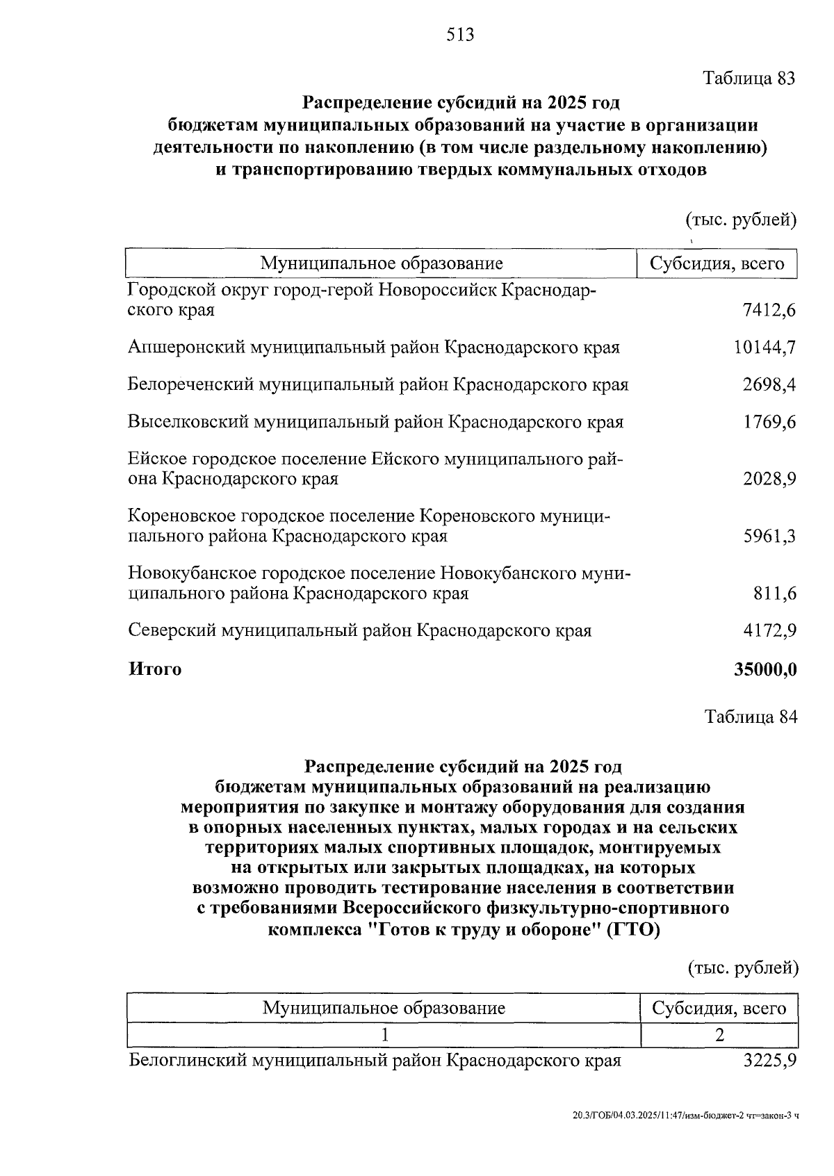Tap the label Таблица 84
751,717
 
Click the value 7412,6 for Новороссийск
769,310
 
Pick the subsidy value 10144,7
764,347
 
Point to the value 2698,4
769,384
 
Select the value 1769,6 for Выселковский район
769,422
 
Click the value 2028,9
769,479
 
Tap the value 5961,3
769,536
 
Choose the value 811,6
774,594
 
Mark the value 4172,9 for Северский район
769,631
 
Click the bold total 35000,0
765,669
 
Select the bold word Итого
155,669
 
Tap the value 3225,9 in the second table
769,1061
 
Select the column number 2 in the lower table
719,1035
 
